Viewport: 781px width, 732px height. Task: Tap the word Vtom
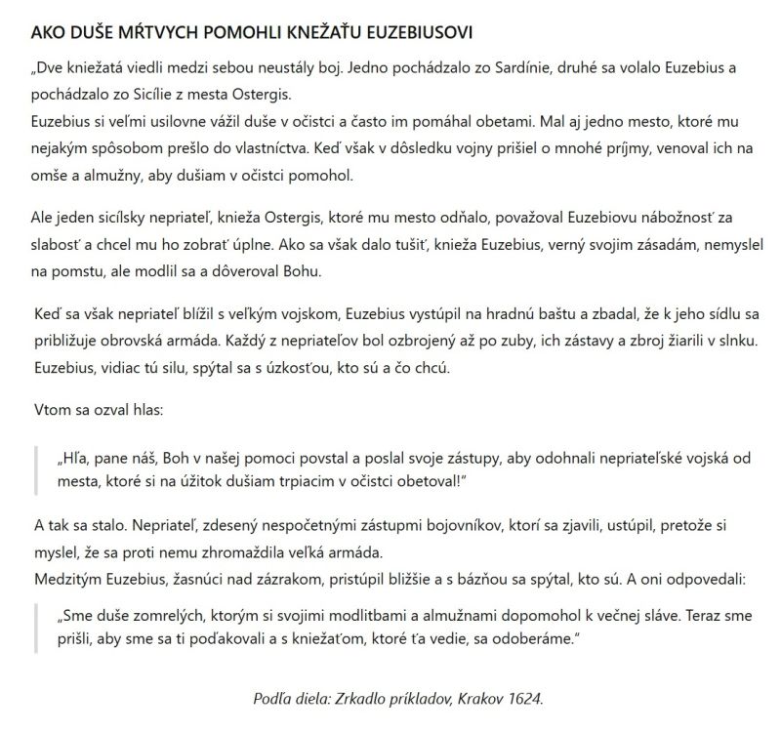(52, 412)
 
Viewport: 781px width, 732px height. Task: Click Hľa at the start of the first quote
(70, 456)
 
